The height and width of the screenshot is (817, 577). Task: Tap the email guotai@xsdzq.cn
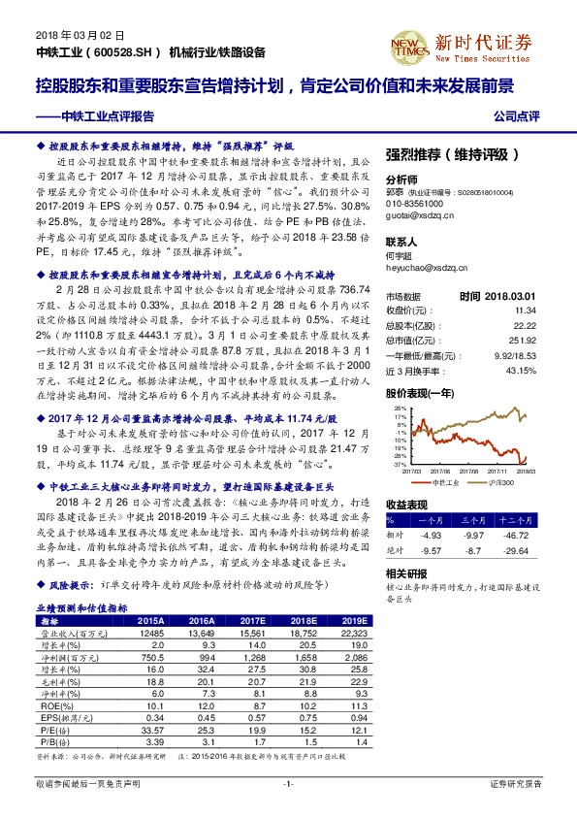click(419, 218)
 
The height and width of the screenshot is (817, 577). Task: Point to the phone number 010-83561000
click(414, 206)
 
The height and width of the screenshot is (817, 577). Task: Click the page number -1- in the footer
click(288, 783)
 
